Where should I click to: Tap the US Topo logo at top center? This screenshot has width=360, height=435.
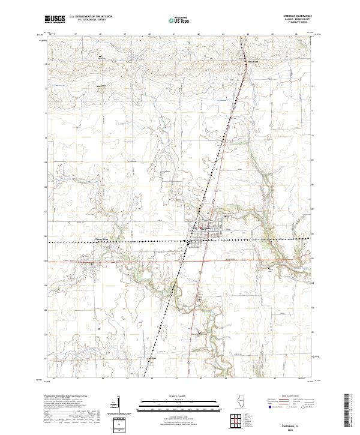[179, 20]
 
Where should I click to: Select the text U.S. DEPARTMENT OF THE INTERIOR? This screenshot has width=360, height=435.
[91, 17]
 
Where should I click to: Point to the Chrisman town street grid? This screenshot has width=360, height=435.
[207, 232]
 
